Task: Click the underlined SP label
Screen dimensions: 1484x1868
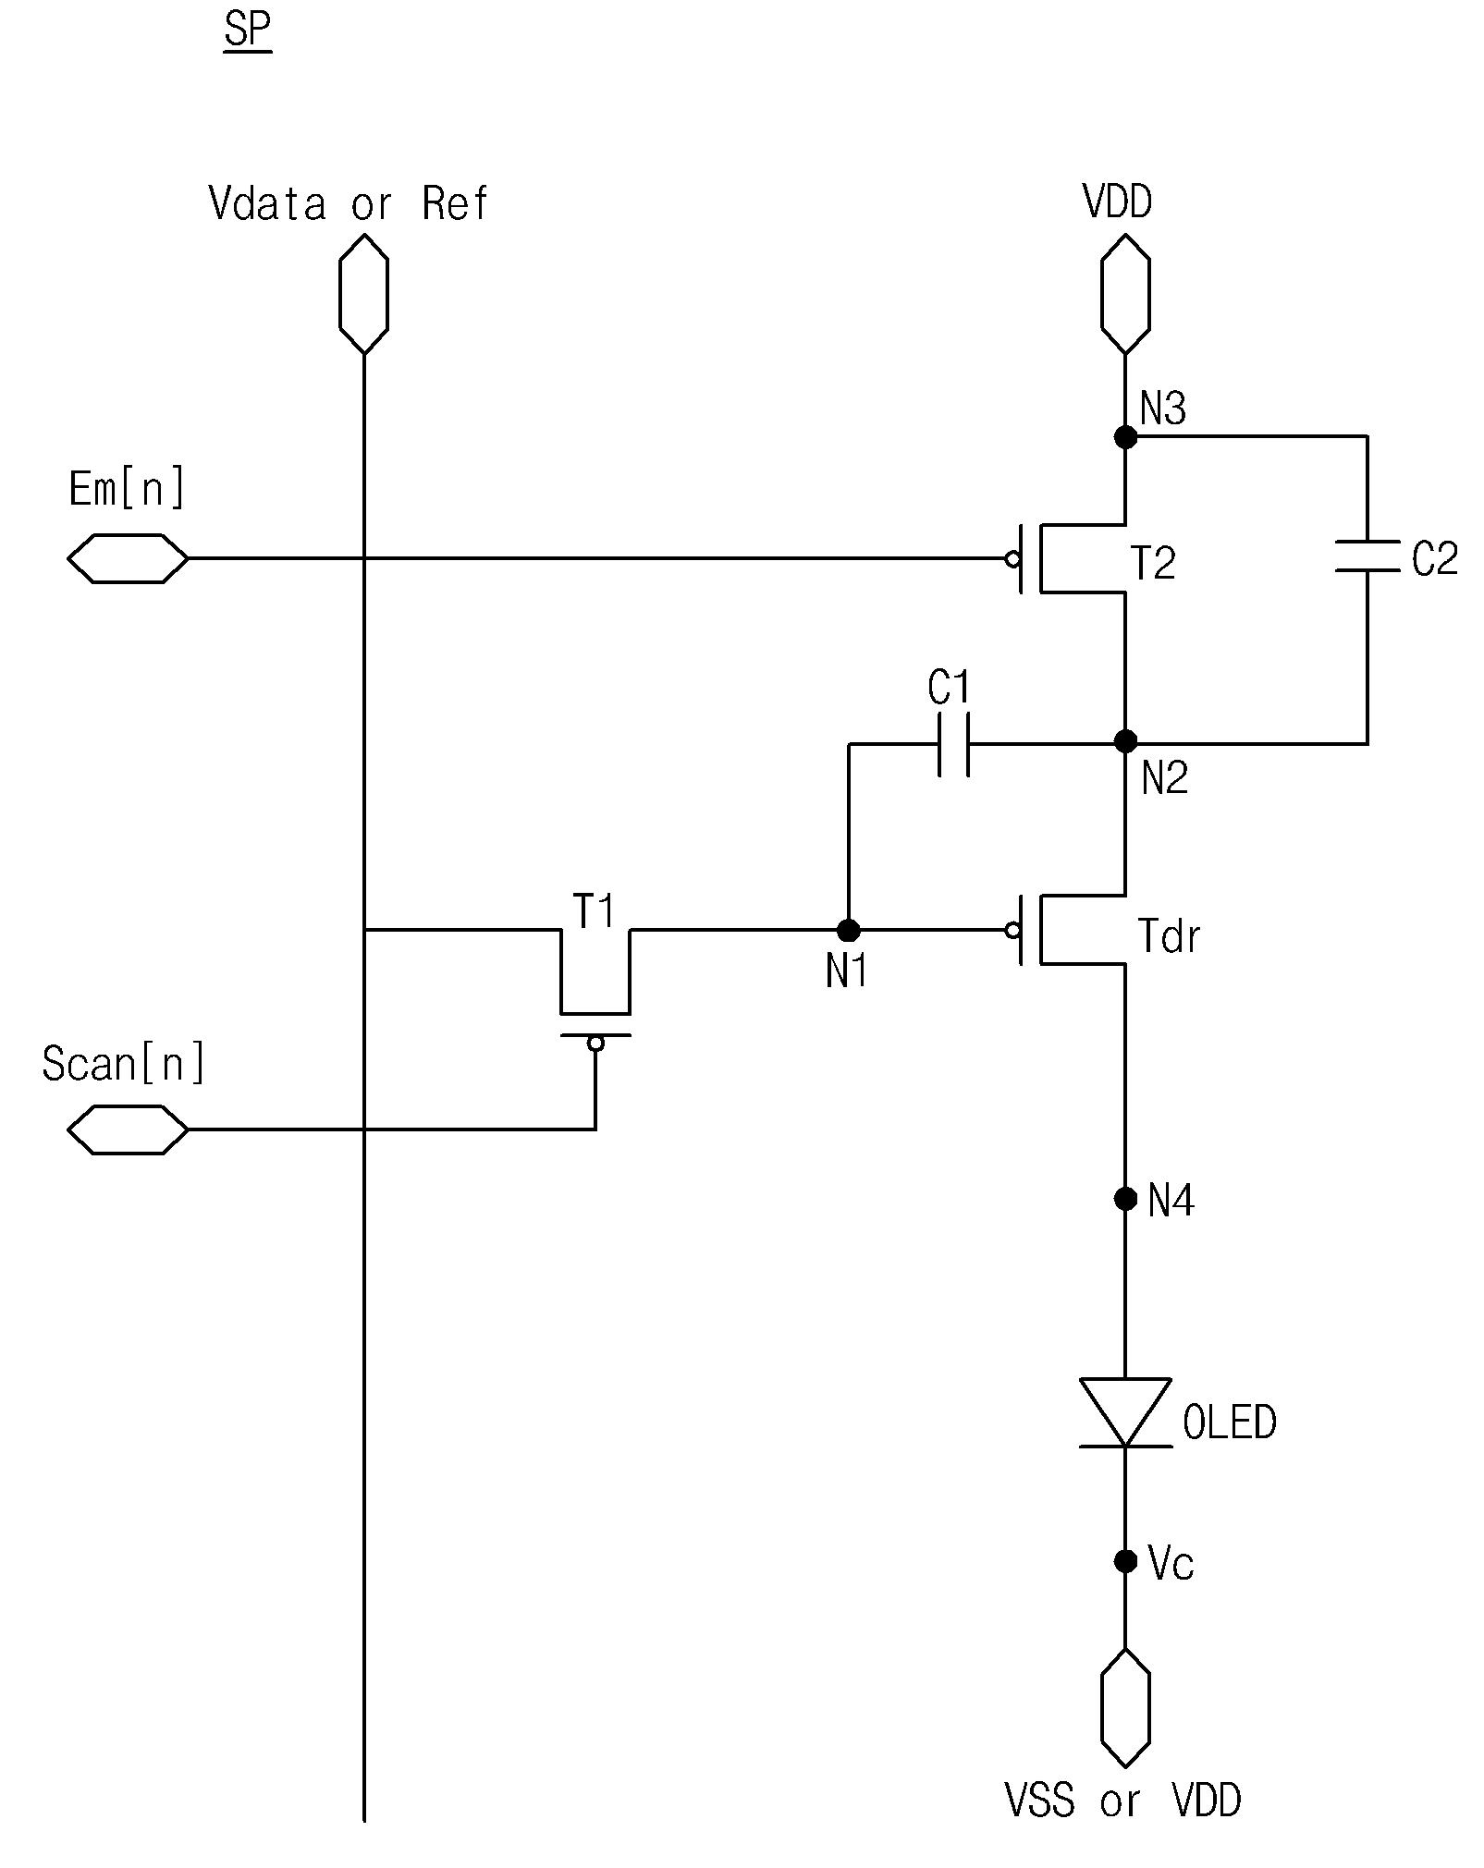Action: click(248, 32)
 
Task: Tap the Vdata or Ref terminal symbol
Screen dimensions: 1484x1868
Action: click(363, 293)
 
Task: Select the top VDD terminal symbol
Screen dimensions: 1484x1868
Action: click(1125, 293)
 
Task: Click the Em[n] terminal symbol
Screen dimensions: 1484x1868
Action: click(128, 558)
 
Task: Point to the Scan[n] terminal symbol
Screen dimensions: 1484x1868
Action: click(128, 1129)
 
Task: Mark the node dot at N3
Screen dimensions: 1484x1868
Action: click(1125, 436)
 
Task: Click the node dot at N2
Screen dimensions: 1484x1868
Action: click(1125, 740)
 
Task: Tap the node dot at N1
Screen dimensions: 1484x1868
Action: click(848, 930)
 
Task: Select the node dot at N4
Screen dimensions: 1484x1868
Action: click(1125, 1199)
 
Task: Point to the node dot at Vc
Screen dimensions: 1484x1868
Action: click(1125, 1561)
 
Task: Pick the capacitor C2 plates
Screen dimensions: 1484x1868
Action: click(1367, 556)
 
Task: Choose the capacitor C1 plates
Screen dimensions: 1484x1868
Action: click(954, 744)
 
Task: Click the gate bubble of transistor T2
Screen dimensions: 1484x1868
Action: click(1012, 559)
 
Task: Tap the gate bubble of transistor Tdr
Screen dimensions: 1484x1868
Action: click(1012, 931)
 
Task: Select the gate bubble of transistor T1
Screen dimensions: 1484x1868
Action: click(595, 1044)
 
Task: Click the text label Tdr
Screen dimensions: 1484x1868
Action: click(1169, 936)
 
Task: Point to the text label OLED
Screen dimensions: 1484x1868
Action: click(1230, 1422)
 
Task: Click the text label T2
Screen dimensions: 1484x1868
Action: click(1153, 563)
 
